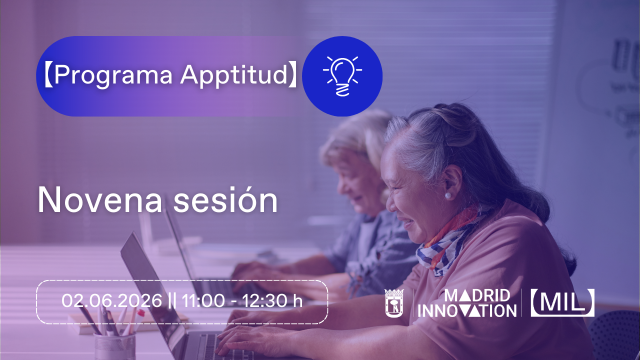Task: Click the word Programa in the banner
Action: tap(113, 75)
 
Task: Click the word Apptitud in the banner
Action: tap(233, 75)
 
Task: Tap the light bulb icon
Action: tap(342, 76)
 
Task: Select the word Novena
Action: tap(100, 199)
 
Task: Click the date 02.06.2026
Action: tap(111, 300)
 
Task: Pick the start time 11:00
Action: tap(203, 300)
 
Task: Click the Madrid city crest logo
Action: tap(394, 303)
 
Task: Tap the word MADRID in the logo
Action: tap(477, 295)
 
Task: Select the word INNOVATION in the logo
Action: tap(467, 310)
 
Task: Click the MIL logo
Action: tap(562, 302)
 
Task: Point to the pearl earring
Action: tap(448, 195)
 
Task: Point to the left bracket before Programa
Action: tap(48, 75)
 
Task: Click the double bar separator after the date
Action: tap(172, 300)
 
